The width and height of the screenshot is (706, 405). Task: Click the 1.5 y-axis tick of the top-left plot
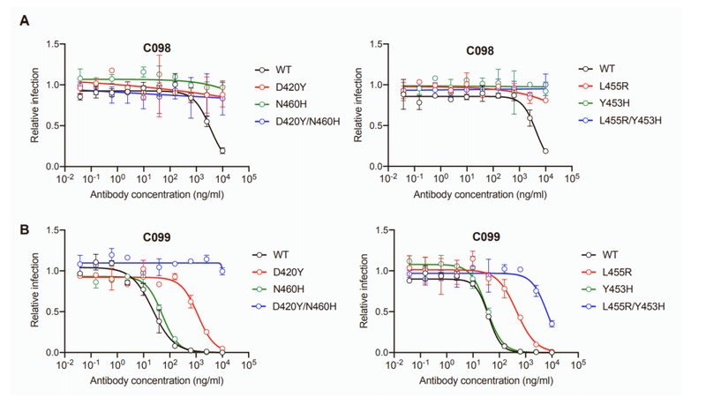coord(52,44)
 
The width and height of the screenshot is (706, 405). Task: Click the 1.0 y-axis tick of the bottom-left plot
coord(52,271)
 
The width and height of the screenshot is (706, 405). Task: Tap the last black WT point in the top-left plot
coord(222,151)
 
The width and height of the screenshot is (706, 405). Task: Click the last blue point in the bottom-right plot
coord(552,324)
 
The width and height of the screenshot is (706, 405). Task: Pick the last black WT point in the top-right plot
coord(545,151)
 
